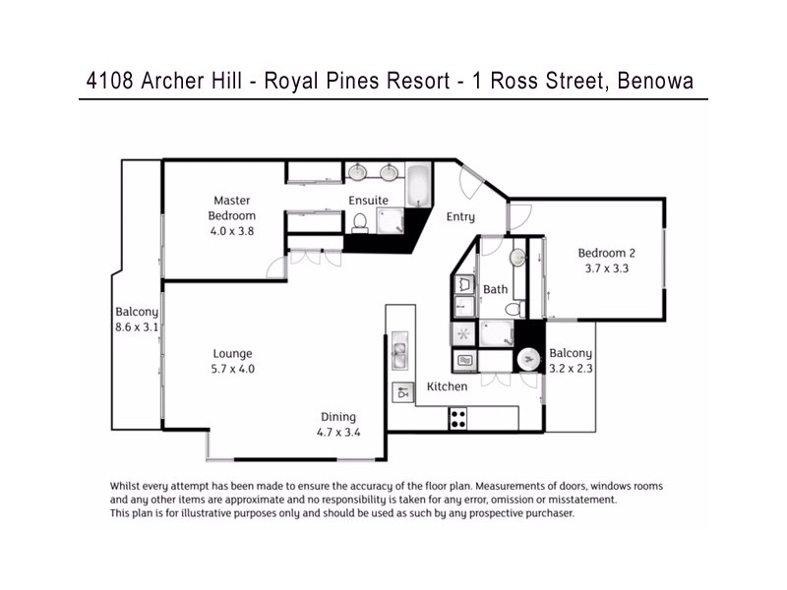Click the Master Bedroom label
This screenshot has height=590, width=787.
231,208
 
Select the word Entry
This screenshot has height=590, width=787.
460,217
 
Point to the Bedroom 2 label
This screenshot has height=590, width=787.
606,252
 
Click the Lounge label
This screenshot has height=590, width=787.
233,354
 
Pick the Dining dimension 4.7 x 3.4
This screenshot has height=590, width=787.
336,433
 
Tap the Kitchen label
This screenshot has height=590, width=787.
447,386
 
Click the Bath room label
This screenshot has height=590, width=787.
495,290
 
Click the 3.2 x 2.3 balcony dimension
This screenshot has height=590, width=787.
571,369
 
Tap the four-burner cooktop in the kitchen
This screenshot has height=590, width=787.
457,418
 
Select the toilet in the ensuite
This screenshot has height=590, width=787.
359,222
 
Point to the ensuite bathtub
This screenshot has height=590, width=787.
419,184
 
